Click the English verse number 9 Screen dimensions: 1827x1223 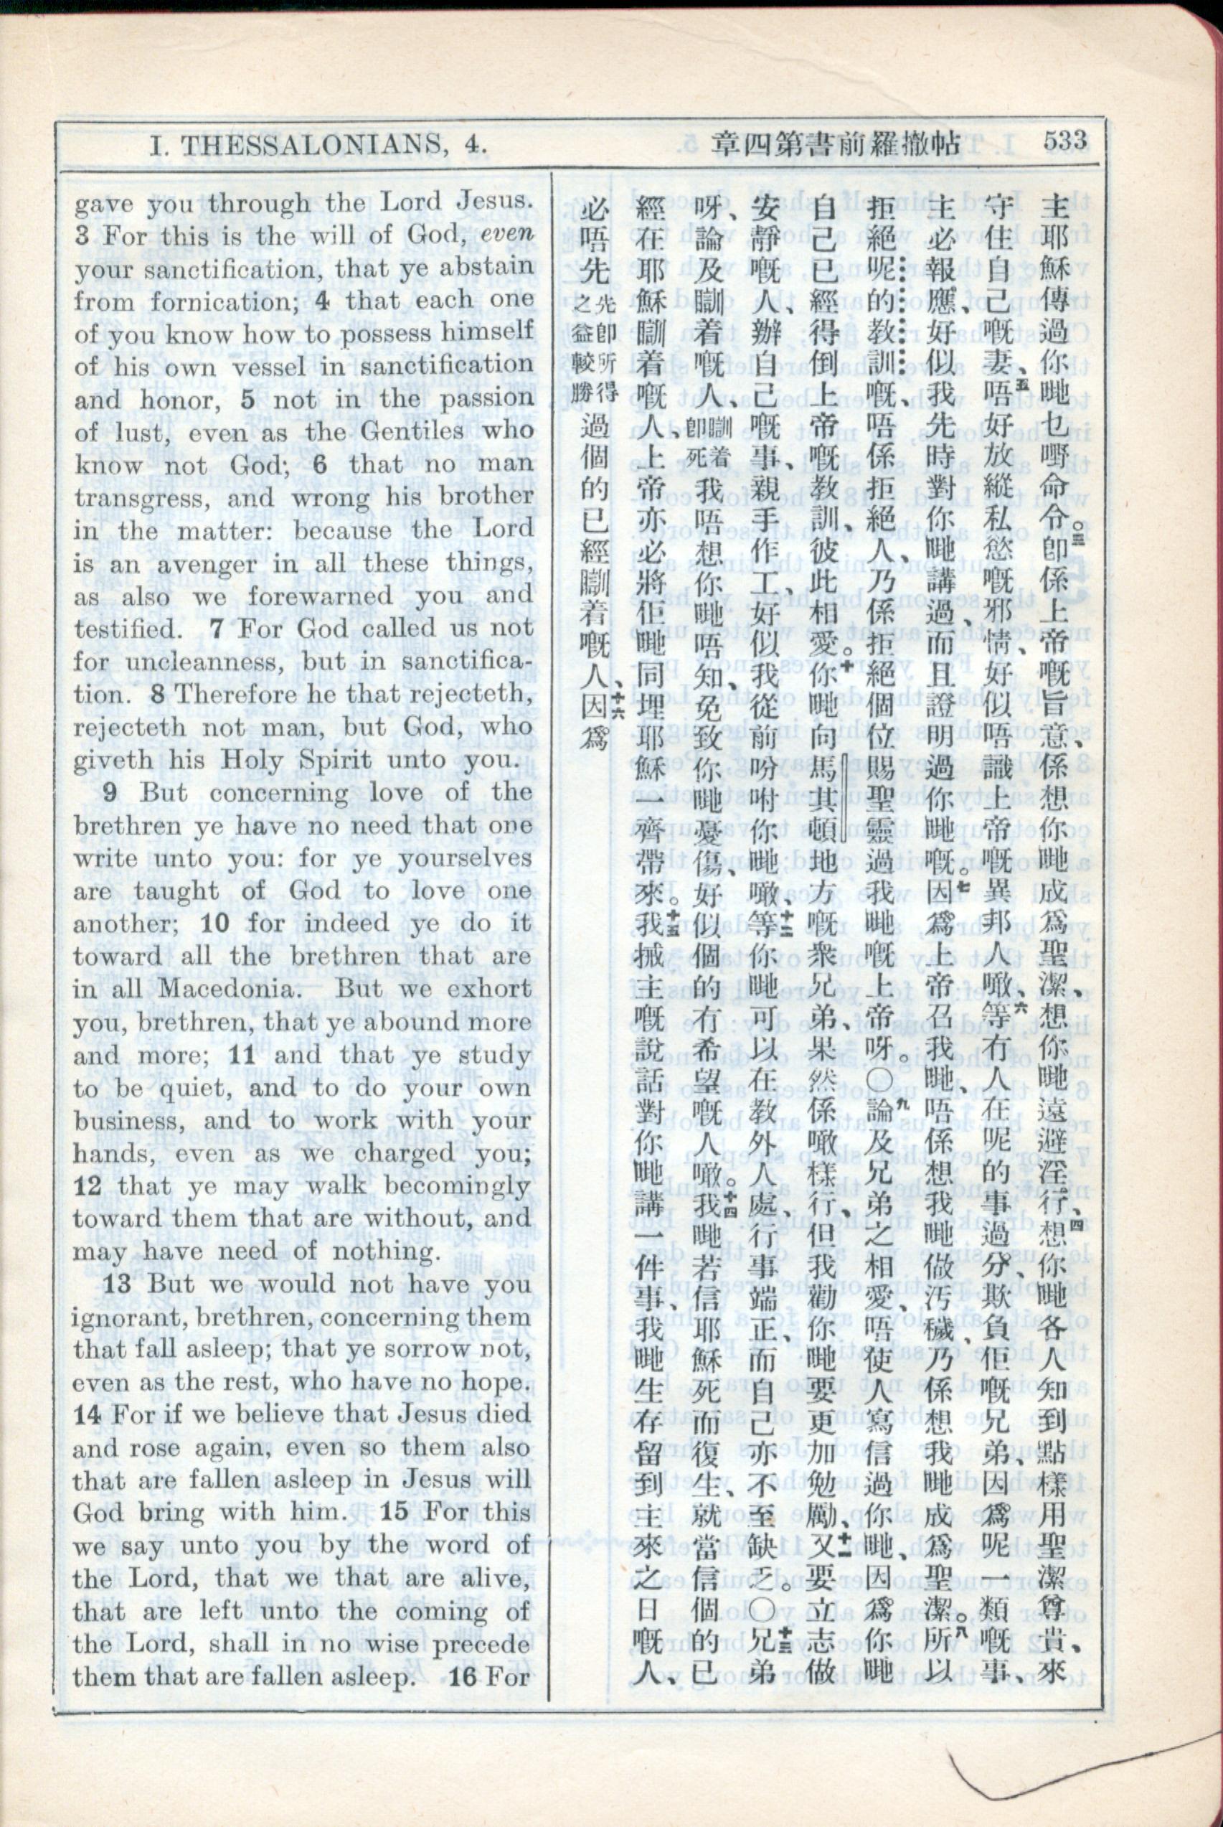coord(110,792)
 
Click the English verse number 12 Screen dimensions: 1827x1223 coord(88,1186)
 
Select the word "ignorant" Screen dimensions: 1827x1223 coord(127,1318)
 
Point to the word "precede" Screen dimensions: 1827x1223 coord(481,1645)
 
